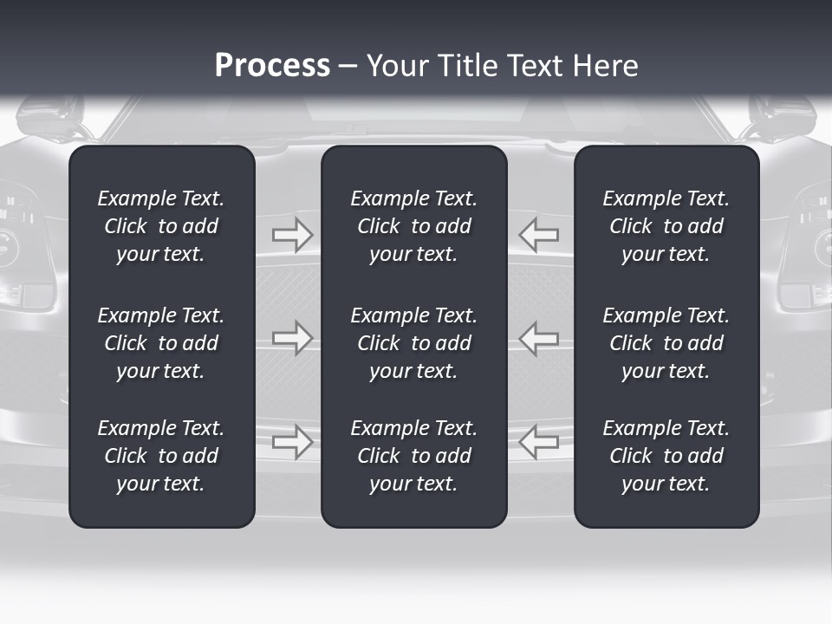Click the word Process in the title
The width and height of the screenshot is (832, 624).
[x=272, y=66]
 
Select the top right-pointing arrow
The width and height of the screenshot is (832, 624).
[x=293, y=235]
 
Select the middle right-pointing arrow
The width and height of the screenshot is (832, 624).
[x=293, y=338]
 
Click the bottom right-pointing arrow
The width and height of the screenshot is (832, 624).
[x=293, y=441]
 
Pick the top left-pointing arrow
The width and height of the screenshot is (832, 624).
[x=539, y=235]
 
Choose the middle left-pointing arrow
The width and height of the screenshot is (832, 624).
[x=539, y=338]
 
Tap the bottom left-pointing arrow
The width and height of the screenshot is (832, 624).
[x=539, y=441]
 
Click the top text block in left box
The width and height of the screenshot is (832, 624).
[x=161, y=226]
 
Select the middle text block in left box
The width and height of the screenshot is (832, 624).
[x=161, y=343]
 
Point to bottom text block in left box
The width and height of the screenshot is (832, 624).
[x=161, y=456]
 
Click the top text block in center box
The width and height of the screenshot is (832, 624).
[x=414, y=226]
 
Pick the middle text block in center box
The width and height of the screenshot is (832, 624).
[x=414, y=343]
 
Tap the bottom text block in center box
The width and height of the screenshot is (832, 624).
[x=414, y=456]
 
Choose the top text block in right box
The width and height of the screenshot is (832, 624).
[x=666, y=226]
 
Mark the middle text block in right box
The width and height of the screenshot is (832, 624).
[x=666, y=343]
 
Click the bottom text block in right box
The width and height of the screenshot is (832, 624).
[x=666, y=456]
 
